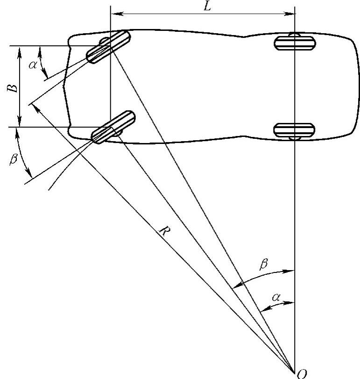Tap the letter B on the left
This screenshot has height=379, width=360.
[15, 87]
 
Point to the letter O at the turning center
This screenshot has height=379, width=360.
[302, 373]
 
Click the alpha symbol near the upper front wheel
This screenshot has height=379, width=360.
[32, 65]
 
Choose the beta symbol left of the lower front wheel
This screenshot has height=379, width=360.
[14, 159]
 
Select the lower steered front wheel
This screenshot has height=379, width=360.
[112, 127]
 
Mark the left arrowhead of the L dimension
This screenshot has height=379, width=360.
[113, 14]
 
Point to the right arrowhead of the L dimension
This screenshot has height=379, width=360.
[291, 14]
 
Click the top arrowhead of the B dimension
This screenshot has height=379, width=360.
[19, 49]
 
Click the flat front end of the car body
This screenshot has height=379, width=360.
[67, 86]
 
